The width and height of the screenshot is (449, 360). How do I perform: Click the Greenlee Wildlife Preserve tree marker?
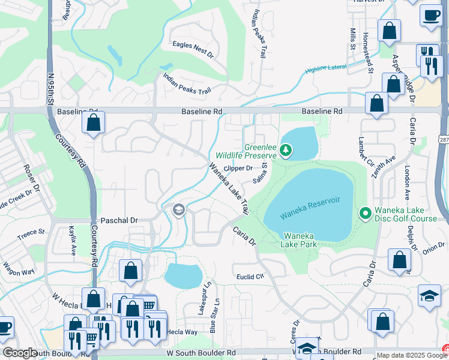[286, 150]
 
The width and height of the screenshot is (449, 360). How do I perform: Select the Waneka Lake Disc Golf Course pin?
[364, 213]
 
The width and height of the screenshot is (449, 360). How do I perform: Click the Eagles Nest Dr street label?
[193, 50]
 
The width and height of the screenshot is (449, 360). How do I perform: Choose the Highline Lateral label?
[325, 69]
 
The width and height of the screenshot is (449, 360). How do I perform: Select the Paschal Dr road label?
[119, 221]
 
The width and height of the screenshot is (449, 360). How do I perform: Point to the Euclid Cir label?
[252, 277]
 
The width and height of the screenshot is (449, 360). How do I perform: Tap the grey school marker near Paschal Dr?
[178, 210]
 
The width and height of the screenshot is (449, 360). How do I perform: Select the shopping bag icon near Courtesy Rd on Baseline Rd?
[94, 123]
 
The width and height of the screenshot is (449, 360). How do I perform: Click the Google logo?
[20, 353]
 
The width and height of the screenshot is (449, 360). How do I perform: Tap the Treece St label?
[31, 235]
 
